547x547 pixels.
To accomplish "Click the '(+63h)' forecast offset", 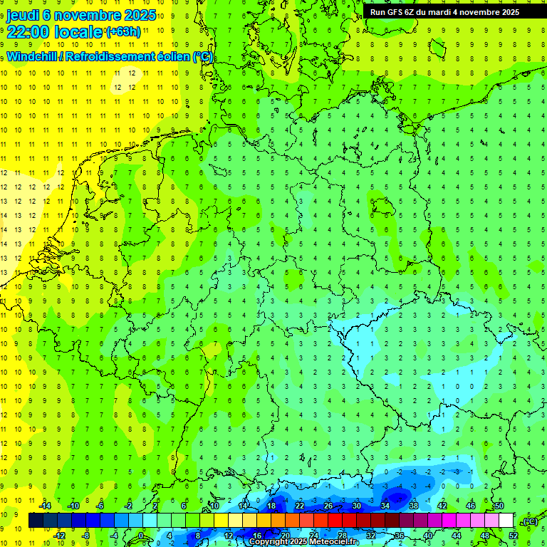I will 123,32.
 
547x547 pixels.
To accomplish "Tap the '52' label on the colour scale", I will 514,535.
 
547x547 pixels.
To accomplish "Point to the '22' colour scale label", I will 300,506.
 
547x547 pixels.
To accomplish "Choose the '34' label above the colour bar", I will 385,506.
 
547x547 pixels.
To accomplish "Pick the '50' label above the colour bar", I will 499,506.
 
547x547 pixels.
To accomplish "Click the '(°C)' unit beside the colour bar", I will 529,521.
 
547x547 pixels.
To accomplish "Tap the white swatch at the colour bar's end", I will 506,521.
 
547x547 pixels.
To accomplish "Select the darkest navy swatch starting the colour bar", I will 36,521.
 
